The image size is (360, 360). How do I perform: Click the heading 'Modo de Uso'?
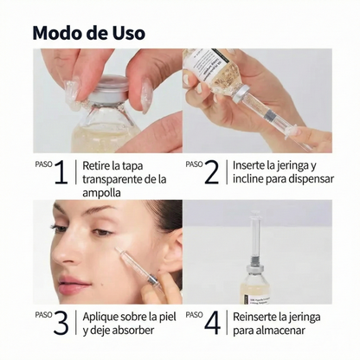click(89, 33)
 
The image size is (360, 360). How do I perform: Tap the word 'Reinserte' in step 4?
click(259, 316)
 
